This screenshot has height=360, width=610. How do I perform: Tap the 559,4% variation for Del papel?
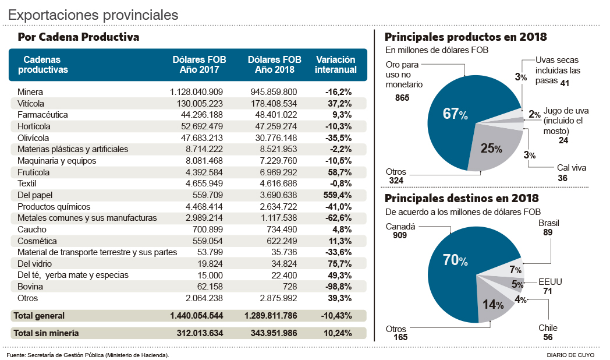[x=338, y=195]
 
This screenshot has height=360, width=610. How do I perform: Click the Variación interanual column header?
[x=335, y=65]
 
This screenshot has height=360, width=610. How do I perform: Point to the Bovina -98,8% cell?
[x=338, y=287]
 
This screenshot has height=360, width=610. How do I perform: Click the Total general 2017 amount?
[x=197, y=316]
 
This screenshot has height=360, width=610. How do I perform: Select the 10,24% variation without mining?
[x=338, y=334]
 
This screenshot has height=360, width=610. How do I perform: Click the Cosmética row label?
[x=37, y=241]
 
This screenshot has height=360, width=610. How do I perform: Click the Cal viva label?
[x=572, y=168]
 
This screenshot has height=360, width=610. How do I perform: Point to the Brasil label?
[x=549, y=223]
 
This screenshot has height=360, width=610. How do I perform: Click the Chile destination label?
[x=548, y=328]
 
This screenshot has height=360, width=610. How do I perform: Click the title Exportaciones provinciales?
[x=93, y=14]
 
